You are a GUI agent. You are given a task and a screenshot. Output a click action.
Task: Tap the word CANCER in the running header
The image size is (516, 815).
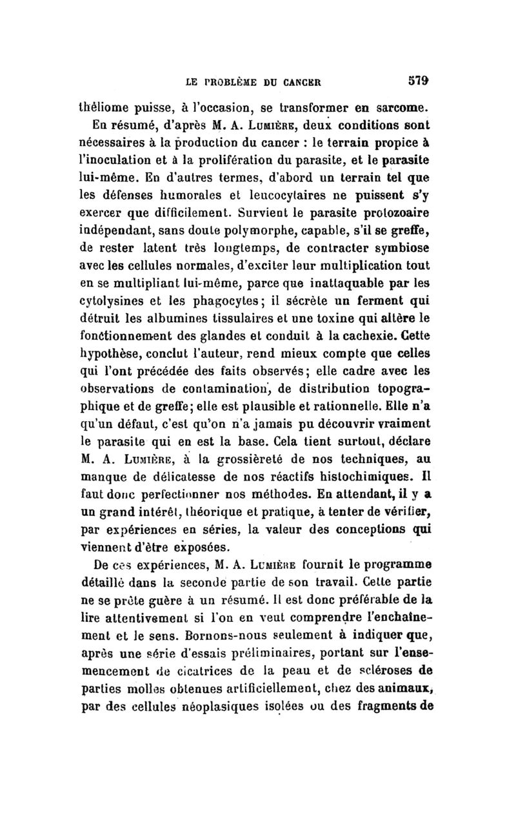pos(301,82)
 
